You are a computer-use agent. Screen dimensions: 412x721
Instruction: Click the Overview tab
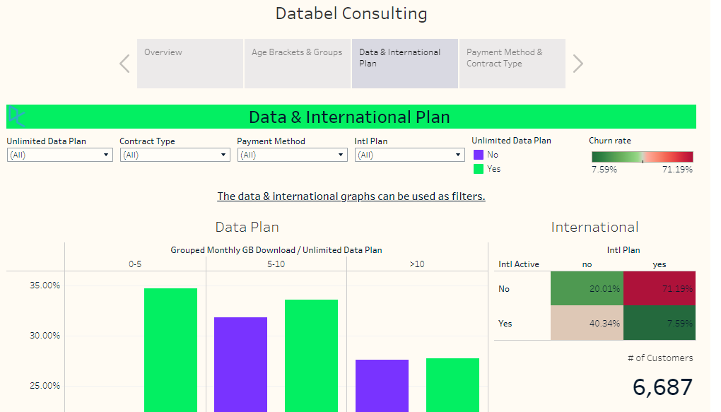click(189, 64)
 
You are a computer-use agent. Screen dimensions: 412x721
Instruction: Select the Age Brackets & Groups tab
click(298, 64)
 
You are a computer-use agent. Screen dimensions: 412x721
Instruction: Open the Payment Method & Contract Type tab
click(512, 64)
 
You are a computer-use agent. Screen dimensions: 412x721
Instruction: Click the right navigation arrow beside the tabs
click(578, 64)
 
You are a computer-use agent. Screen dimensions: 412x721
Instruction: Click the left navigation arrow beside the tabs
click(124, 64)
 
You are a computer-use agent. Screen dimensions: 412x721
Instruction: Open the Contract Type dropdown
click(175, 155)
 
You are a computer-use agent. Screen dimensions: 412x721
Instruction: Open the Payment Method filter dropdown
click(292, 155)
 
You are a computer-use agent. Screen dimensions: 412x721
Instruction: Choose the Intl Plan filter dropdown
click(409, 155)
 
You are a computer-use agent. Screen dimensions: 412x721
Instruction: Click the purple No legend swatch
click(479, 155)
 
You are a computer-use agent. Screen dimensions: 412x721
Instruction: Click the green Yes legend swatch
click(479, 169)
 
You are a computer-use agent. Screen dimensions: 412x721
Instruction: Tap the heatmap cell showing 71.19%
click(660, 288)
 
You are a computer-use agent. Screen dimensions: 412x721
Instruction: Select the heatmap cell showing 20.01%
click(587, 288)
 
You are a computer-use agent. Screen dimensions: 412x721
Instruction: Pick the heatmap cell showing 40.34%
click(587, 323)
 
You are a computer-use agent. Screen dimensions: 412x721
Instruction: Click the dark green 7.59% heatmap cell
click(660, 323)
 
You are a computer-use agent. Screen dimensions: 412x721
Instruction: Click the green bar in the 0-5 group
click(170, 350)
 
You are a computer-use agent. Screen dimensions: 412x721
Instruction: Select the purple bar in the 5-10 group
click(240, 364)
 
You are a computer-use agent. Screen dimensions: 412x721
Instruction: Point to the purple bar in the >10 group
click(382, 385)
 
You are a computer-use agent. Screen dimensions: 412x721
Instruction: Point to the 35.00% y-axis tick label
click(45, 286)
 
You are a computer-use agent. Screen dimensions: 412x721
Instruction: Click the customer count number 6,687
click(662, 387)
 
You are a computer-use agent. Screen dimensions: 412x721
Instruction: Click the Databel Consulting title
click(351, 13)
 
